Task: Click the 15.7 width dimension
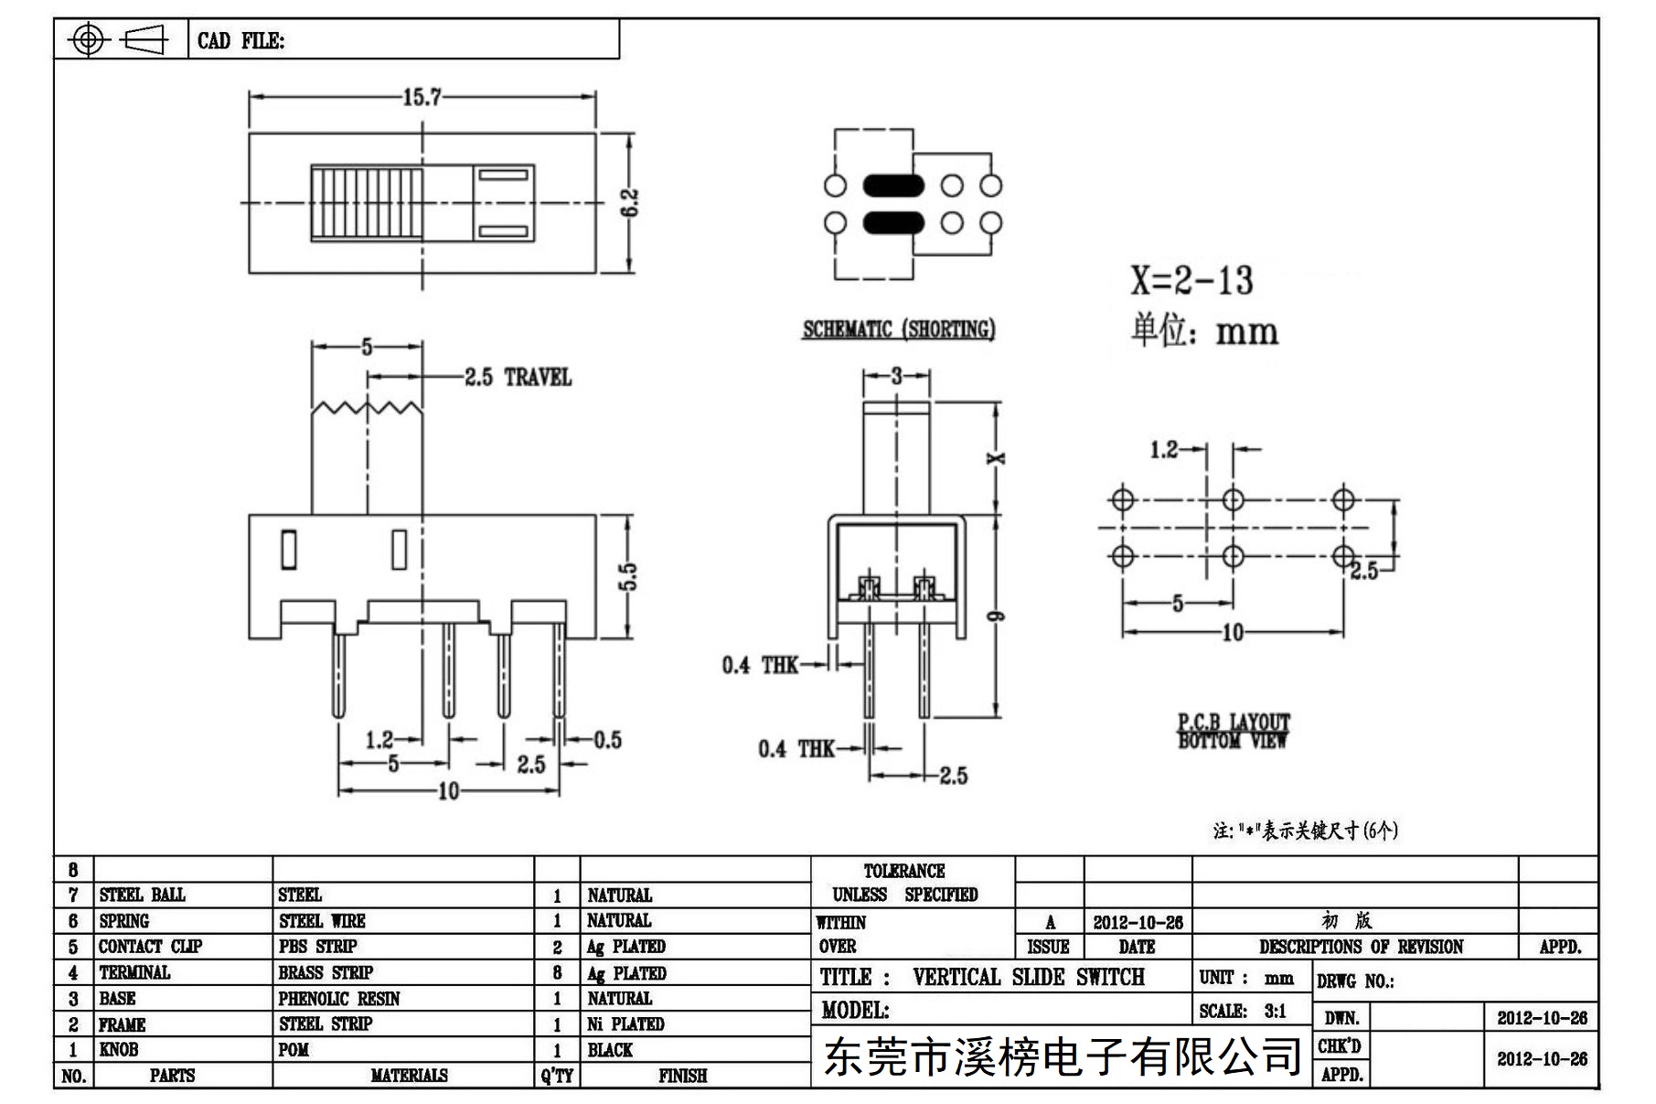pyautogui.click(x=422, y=97)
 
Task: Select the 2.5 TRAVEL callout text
pyautogui.click(x=518, y=377)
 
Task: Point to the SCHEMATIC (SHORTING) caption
pyautogui.click(x=899, y=329)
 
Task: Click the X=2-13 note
pyautogui.click(x=1191, y=280)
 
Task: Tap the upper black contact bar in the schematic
pyautogui.click(x=893, y=186)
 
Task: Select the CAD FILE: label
pyautogui.click(x=240, y=41)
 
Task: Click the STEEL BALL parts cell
pyautogui.click(x=142, y=895)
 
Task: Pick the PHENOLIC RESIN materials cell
pyautogui.click(x=339, y=999)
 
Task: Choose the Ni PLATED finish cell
pyautogui.click(x=625, y=1024)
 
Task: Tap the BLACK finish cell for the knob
pyautogui.click(x=610, y=1050)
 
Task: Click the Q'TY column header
pyautogui.click(x=557, y=1076)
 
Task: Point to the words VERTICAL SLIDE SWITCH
pyautogui.click(x=1029, y=977)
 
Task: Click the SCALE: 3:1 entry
pyautogui.click(x=1243, y=1011)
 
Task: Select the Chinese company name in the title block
pyautogui.click(x=1063, y=1057)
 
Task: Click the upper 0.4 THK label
pyautogui.click(x=760, y=665)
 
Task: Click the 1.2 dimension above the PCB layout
pyautogui.click(x=1164, y=449)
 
